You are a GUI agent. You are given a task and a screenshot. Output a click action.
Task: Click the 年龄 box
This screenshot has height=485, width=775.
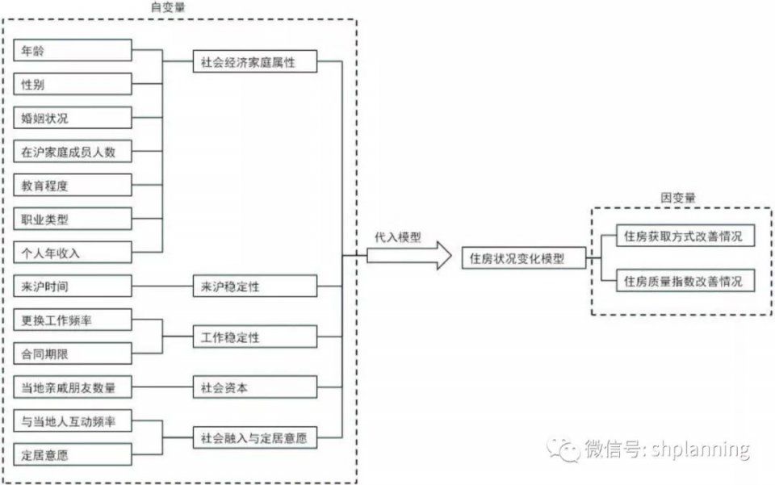(x=73, y=51)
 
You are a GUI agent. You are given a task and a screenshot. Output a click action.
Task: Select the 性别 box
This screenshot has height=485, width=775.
(x=73, y=84)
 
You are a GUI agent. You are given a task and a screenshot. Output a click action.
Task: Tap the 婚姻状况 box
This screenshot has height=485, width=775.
(x=73, y=118)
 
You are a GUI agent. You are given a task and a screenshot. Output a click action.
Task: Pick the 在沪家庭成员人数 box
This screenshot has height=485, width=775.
(x=73, y=152)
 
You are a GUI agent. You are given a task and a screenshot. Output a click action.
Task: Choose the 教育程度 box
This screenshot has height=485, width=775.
(x=73, y=186)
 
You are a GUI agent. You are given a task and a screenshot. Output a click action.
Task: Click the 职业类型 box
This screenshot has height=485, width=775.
(x=73, y=220)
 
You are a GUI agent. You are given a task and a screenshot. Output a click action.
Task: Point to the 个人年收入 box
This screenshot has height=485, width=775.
(x=73, y=253)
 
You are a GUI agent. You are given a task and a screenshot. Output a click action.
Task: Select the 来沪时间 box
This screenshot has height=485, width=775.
(x=73, y=286)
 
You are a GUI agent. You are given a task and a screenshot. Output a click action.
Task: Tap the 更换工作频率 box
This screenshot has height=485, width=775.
(x=73, y=320)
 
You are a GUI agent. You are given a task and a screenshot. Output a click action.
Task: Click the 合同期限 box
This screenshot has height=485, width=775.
(x=73, y=353)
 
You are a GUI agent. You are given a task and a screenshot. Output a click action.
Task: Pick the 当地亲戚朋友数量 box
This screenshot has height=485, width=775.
(x=73, y=387)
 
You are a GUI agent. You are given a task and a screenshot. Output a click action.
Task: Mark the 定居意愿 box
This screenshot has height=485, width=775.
(x=73, y=455)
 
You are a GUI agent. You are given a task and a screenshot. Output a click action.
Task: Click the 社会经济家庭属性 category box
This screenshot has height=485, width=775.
(x=254, y=62)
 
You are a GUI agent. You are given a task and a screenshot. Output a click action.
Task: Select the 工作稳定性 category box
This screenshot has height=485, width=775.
(x=254, y=337)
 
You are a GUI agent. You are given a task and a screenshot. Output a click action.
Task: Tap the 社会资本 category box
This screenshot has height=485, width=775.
(x=254, y=387)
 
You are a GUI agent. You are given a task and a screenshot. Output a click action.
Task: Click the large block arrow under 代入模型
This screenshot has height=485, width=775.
(x=408, y=257)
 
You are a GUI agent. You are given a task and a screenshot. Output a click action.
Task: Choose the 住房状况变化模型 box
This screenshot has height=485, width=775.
(x=523, y=259)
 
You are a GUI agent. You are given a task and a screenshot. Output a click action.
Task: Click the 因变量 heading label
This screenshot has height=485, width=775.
(x=678, y=197)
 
